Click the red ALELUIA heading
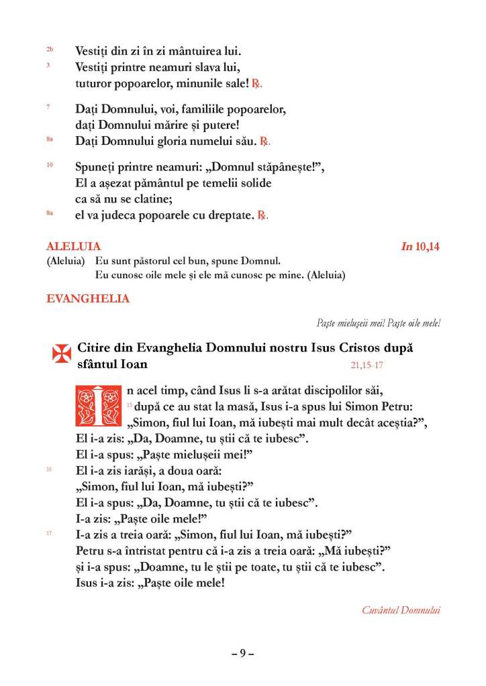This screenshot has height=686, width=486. (73, 247)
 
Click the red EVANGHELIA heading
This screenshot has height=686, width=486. (88, 299)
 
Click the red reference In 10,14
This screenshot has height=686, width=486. (420, 247)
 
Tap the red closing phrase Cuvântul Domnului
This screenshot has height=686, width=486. (401, 610)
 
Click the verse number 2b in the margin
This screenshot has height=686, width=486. (50, 50)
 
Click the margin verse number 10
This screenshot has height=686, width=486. (50, 164)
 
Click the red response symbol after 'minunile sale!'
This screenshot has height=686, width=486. (256, 84)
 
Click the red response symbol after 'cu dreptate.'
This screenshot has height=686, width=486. (262, 216)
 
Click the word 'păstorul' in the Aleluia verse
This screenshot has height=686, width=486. (152, 261)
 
